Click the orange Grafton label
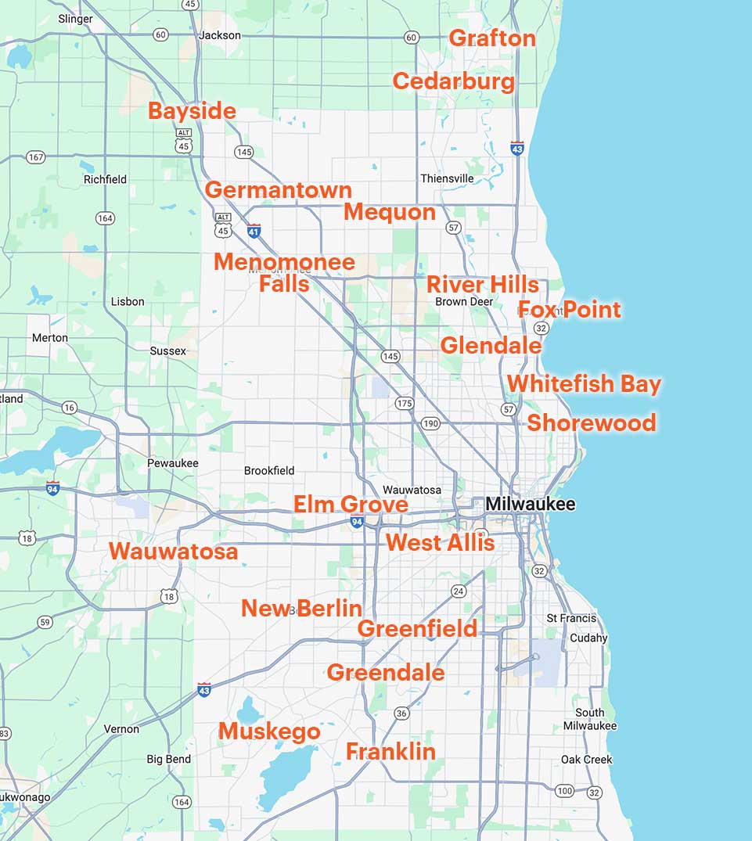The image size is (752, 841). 492,38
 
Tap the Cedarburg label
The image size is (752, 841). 453,81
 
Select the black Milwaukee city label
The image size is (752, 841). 530,504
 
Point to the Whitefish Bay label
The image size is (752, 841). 584,384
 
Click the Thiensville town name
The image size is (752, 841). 447,178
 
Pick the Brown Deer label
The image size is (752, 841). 464,301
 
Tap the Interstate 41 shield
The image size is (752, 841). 254,231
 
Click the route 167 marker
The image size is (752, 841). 35,157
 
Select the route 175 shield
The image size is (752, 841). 404,404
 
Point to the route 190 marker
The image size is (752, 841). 430,423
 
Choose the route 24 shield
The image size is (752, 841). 459,591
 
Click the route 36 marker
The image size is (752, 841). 401,713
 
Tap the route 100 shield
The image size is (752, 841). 564,791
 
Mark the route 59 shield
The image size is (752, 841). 45,622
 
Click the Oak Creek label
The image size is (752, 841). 586,760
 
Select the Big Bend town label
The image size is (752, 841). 168,759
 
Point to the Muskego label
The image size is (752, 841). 269,731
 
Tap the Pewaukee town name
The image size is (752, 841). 173,463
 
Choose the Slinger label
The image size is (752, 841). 75,19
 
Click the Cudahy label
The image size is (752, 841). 588,638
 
